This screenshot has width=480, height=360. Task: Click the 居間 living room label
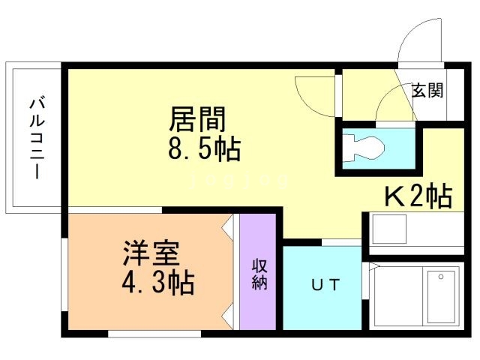[197, 118]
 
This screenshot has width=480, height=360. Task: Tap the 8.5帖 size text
[205, 149]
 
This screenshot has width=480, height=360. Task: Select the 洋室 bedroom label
[151, 253]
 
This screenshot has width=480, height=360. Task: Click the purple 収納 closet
[258, 271]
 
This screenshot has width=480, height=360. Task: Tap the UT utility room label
[325, 285]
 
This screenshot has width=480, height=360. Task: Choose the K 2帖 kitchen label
[418, 196]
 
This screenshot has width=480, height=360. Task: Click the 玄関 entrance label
[427, 90]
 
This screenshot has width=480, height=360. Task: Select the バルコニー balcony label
[37, 138]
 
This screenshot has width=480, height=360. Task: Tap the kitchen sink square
[389, 229]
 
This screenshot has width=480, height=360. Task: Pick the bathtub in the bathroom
[441, 297]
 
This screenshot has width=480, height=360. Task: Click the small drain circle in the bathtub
[441, 277]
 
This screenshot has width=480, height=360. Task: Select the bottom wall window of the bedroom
[154, 334]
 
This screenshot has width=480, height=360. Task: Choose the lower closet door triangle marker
[226, 316]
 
